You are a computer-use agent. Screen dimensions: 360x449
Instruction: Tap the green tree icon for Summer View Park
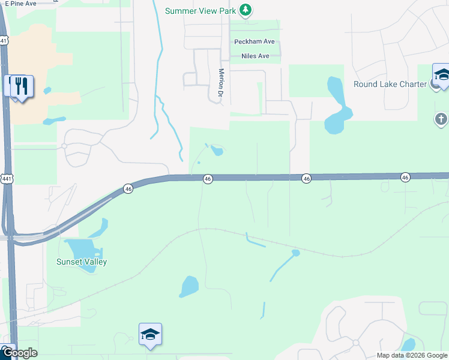click(245, 10)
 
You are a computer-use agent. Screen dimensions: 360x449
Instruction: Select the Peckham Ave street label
click(254, 41)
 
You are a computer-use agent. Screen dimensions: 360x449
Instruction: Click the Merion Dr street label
click(220, 82)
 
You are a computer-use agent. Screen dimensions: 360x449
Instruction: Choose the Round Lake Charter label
click(390, 84)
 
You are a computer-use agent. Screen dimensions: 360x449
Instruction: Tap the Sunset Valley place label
click(82, 262)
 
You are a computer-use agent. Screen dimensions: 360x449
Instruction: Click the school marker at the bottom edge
click(150, 335)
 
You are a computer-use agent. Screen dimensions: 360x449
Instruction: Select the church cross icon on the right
click(442, 119)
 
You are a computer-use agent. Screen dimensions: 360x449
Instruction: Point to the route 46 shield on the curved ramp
click(128, 188)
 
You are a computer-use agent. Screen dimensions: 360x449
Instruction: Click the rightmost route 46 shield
click(406, 177)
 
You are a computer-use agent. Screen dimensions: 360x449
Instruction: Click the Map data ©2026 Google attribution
click(412, 355)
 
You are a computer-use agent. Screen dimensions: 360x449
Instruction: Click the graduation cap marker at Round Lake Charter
click(442, 76)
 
